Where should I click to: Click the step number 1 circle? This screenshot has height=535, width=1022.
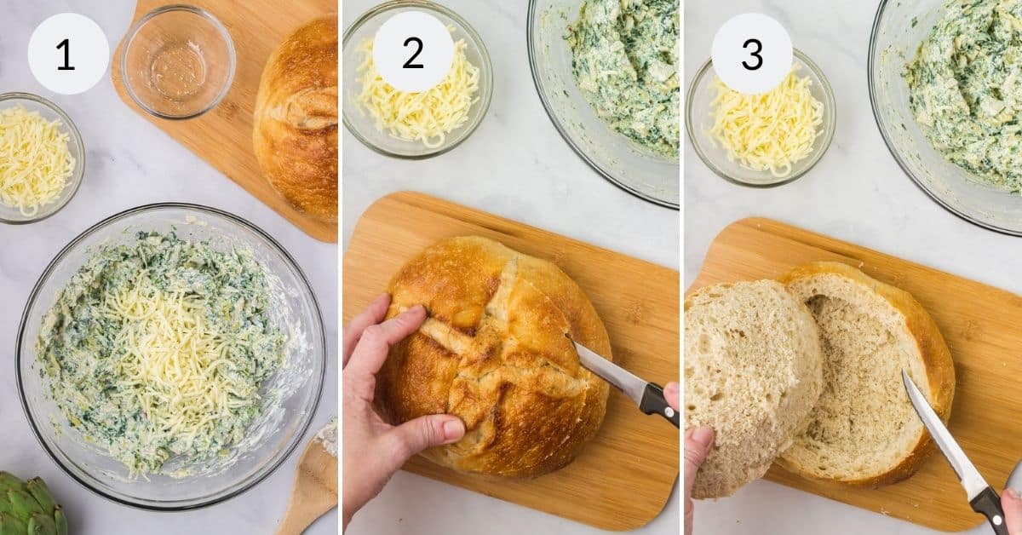coord(68,54)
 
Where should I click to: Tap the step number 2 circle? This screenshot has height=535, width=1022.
coord(413,52)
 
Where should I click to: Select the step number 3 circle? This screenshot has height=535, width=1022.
coord(752,54)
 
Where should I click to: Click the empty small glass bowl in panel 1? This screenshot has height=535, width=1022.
coord(178,61)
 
